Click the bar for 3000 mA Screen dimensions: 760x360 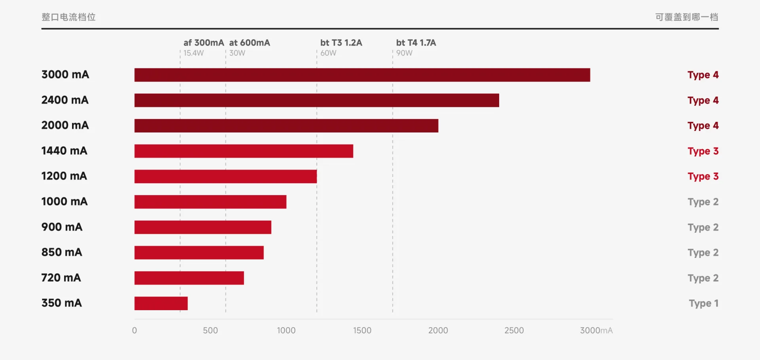click(x=362, y=75)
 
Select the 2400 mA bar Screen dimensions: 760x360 click(x=317, y=100)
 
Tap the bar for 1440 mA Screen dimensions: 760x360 click(x=244, y=151)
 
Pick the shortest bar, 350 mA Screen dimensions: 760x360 click(x=161, y=303)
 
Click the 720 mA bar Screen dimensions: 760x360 click(x=189, y=278)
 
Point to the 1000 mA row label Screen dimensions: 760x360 click(x=65, y=201)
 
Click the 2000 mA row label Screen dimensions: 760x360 click(x=65, y=125)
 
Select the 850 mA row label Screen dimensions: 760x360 click(x=62, y=252)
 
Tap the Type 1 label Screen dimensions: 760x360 click(x=703, y=303)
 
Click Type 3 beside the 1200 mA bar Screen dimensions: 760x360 click(x=703, y=176)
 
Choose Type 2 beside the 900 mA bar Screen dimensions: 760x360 click(x=703, y=227)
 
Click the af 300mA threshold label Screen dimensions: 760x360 click(x=203, y=43)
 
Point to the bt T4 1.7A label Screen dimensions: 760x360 click(x=416, y=43)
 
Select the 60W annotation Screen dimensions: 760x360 click(x=328, y=53)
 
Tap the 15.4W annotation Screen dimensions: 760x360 click(x=194, y=53)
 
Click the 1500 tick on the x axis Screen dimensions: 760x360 click(x=362, y=330)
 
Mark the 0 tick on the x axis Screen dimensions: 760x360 click(x=135, y=330)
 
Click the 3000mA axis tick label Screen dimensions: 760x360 click(x=596, y=330)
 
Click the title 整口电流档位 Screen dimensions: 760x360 click(x=68, y=17)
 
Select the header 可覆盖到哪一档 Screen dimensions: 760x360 click(x=687, y=17)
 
